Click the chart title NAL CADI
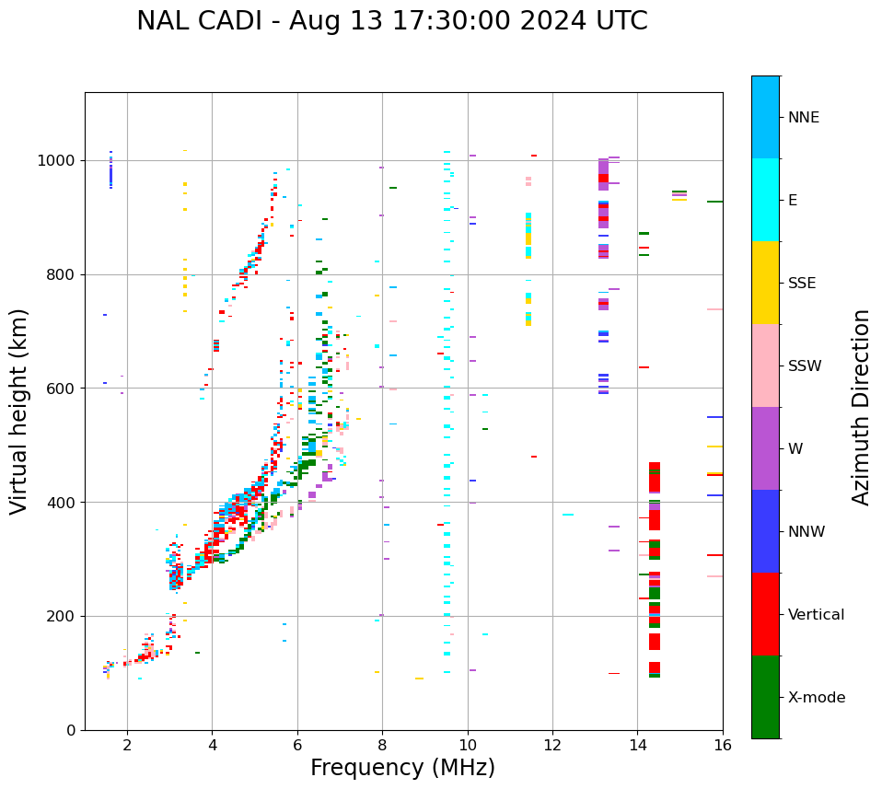click(391, 21)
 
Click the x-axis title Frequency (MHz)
click(402, 768)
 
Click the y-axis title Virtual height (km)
click(20, 411)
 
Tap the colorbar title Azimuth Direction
click(861, 406)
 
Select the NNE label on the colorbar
click(804, 118)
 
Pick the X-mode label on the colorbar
click(817, 698)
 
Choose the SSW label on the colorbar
click(805, 366)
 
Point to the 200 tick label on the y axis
click(62, 617)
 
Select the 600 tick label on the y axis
click(62, 389)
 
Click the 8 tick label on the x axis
click(382, 744)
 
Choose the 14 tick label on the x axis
click(638, 744)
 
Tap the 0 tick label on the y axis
click(70, 731)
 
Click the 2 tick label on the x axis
click(127, 744)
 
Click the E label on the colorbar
click(793, 201)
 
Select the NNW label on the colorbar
click(807, 532)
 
